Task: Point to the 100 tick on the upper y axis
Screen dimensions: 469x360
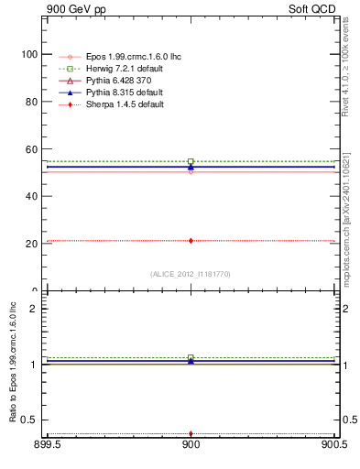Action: click(29, 54)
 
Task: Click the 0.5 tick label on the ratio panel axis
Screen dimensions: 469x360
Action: click(31, 420)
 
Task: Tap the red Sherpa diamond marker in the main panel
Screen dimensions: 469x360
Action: click(191, 241)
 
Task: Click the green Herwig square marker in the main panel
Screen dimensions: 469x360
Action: click(191, 161)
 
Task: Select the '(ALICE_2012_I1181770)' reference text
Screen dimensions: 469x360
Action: click(191, 273)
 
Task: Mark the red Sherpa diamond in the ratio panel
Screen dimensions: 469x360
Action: click(191, 433)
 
